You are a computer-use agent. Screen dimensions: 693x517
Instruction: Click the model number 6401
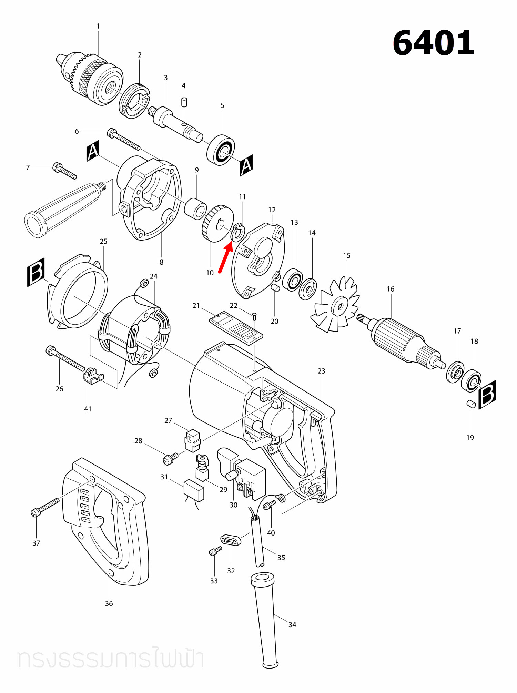point(433,43)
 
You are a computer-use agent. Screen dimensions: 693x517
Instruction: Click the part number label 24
point(154,276)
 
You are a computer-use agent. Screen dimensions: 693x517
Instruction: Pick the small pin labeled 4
point(184,102)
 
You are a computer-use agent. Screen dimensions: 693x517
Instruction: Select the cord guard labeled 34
point(266,620)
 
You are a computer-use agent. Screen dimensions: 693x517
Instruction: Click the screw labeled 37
point(45,507)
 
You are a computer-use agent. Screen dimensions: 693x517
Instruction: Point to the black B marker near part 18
point(487,395)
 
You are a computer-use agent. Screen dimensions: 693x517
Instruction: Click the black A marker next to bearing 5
point(246,165)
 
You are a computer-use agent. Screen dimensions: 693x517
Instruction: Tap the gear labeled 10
point(217,224)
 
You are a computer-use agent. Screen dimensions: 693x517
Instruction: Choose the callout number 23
point(321,371)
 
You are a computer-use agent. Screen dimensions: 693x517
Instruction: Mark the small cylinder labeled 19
point(471,404)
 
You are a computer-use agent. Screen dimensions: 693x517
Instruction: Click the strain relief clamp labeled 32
point(231,540)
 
